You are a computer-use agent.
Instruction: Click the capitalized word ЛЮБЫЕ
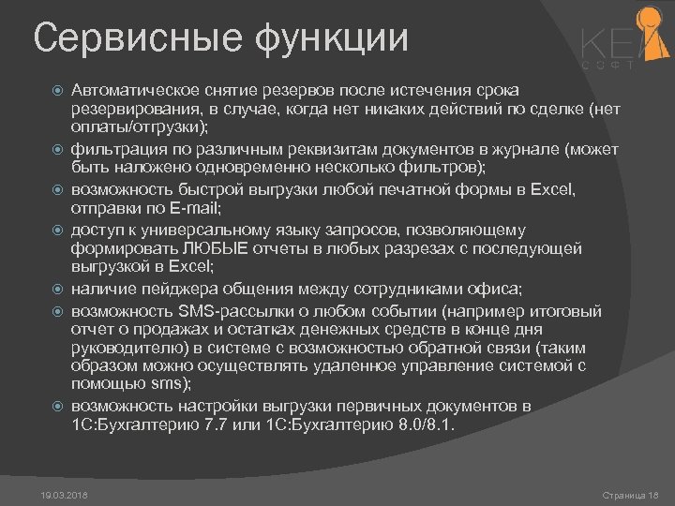[x=241, y=248]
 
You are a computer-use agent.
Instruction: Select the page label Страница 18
[x=631, y=493]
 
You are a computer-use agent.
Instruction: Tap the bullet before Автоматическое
[x=55, y=90]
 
